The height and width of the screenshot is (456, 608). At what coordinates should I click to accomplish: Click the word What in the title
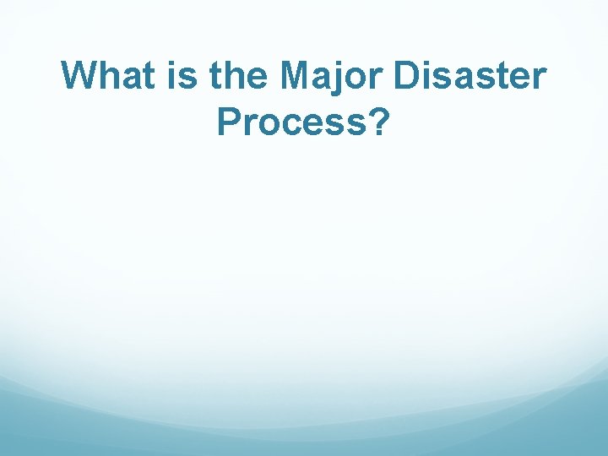pos(106,76)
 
